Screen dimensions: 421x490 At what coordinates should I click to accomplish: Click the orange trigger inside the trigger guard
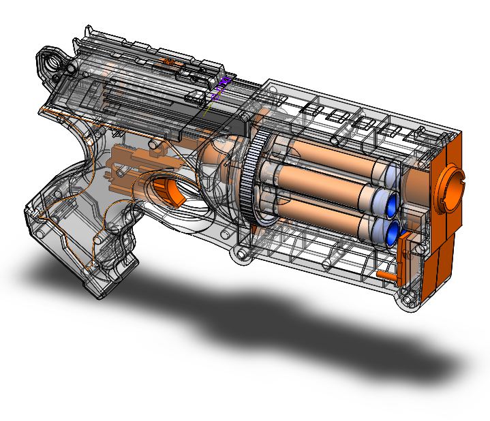point(170,191)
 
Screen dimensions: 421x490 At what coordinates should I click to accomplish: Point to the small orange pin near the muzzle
point(386,275)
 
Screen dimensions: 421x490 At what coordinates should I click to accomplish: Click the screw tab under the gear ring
point(241,255)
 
